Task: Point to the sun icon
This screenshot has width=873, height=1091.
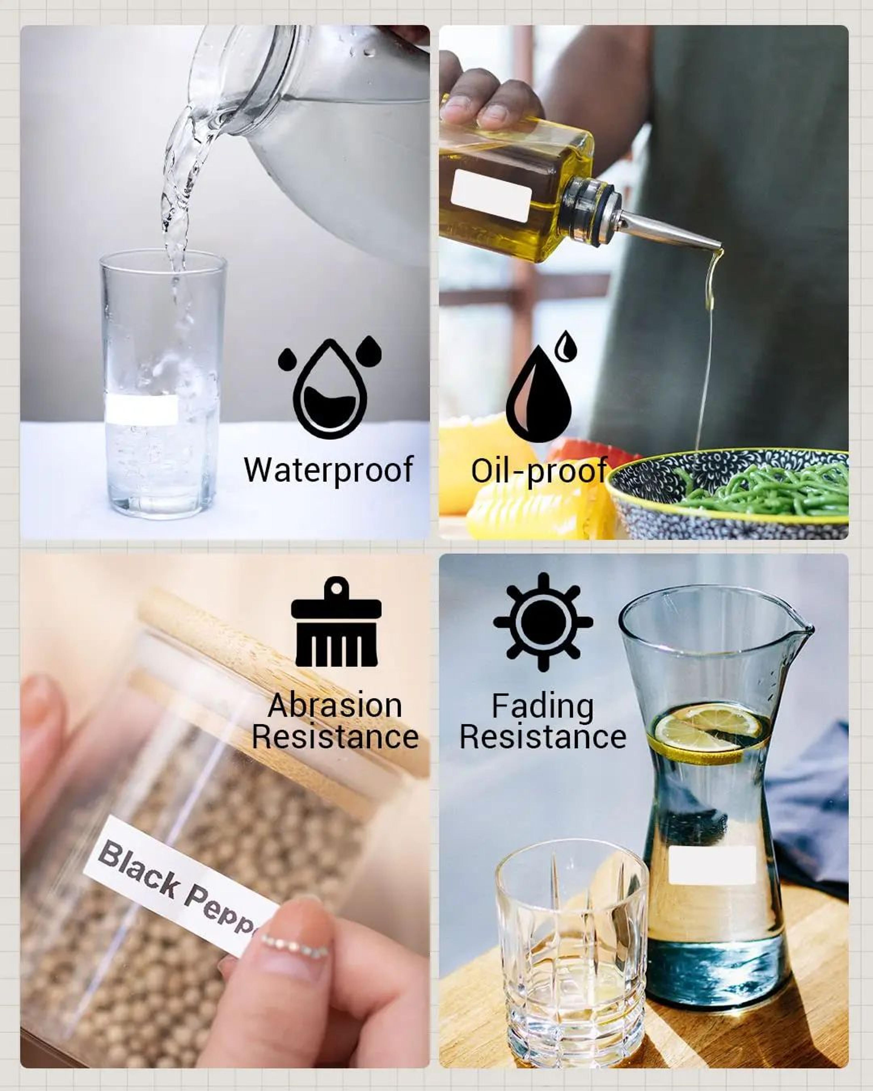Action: point(543,622)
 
